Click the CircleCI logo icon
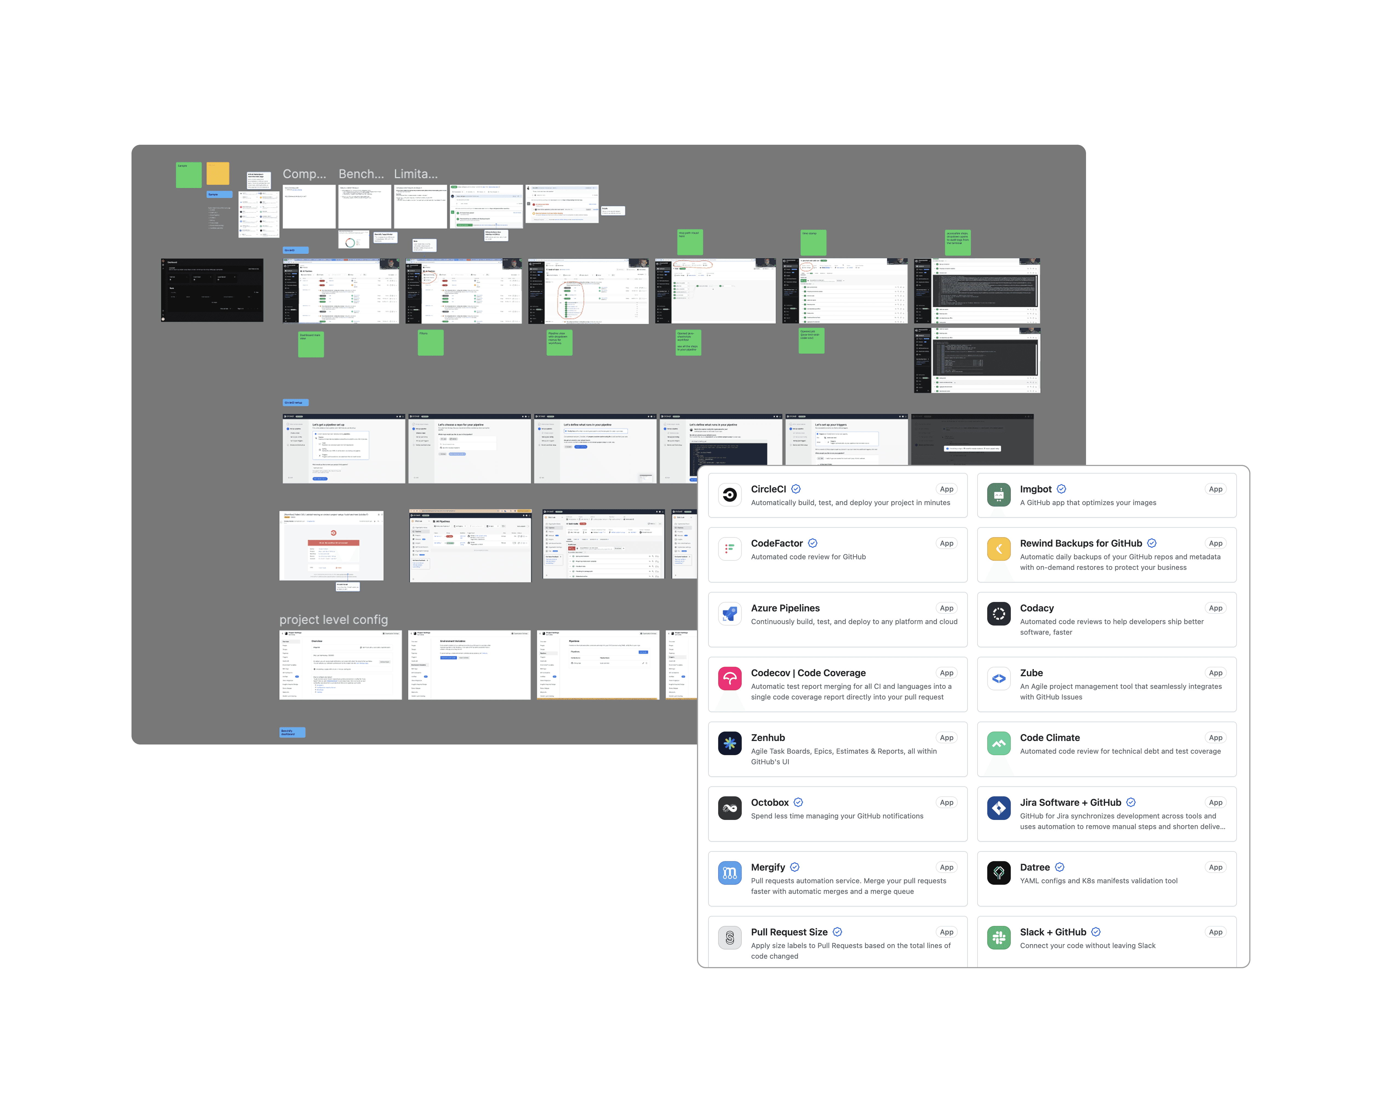pyautogui.click(x=729, y=495)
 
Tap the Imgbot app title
pyautogui.click(x=1035, y=489)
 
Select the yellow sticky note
pyautogui.click(x=218, y=173)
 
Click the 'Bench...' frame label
pyautogui.click(x=361, y=174)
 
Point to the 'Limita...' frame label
pyautogui.click(x=416, y=174)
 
